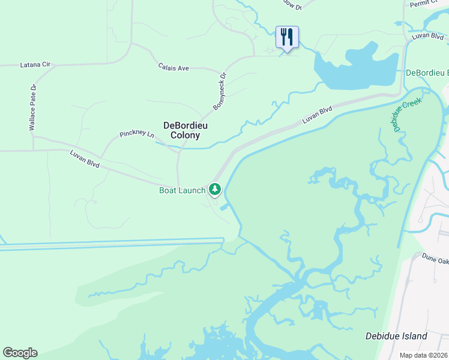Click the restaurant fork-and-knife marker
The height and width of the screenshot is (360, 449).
click(x=287, y=37)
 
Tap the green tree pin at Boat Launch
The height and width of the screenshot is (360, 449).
click(x=215, y=190)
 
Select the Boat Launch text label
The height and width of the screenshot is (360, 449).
click(x=182, y=191)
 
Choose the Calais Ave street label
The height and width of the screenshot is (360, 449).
click(x=173, y=68)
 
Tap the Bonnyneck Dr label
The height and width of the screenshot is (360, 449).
click(x=220, y=91)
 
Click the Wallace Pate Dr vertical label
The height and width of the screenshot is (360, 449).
click(x=33, y=108)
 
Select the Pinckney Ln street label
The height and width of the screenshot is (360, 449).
click(x=137, y=133)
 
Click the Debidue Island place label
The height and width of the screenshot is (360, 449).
click(x=396, y=336)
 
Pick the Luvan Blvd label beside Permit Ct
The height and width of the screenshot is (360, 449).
click(x=429, y=37)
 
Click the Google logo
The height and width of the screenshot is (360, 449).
click(x=20, y=353)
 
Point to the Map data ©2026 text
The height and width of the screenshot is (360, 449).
click(x=424, y=355)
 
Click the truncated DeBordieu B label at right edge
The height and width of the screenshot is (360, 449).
click(x=427, y=73)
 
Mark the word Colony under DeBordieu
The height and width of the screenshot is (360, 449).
click(x=185, y=136)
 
